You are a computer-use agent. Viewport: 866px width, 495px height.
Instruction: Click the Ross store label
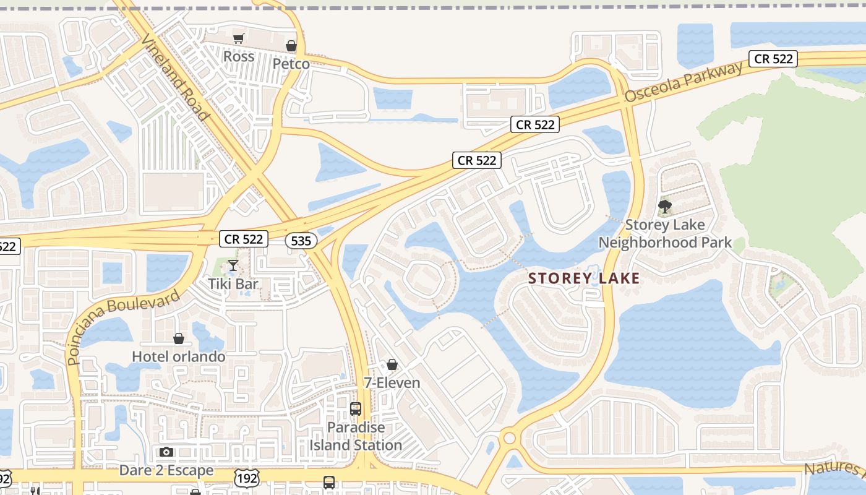pyautogui.click(x=239, y=56)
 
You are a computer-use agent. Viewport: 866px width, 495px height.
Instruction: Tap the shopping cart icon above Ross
pyautogui.click(x=238, y=38)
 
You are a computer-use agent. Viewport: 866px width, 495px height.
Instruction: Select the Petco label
pyautogui.click(x=291, y=64)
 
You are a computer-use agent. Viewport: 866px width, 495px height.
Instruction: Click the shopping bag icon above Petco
pyautogui.click(x=291, y=46)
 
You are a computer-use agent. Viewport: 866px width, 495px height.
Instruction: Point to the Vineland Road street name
pyautogui.click(x=175, y=76)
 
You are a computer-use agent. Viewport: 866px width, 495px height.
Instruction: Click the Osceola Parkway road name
pyautogui.click(x=683, y=82)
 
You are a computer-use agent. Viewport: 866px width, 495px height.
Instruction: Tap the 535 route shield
pyautogui.click(x=301, y=240)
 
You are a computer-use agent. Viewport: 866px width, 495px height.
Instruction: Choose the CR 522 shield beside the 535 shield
pyautogui.click(x=244, y=239)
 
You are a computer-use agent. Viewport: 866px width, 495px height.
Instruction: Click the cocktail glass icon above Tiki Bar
pyautogui.click(x=233, y=265)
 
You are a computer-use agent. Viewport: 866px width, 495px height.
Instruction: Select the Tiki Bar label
pyautogui.click(x=233, y=284)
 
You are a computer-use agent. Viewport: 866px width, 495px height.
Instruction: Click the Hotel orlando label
pyautogui.click(x=178, y=357)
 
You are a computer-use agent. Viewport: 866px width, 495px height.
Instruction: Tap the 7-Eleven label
pyautogui.click(x=392, y=383)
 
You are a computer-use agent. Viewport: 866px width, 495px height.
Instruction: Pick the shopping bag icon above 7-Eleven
pyautogui.click(x=392, y=364)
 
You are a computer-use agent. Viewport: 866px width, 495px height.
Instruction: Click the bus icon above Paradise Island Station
pyautogui.click(x=355, y=408)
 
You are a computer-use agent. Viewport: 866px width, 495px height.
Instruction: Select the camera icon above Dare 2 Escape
pyautogui.click(x=166, y=452)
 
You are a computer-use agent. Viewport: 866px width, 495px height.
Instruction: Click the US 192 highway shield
pyautogui.click(x=246, y=477)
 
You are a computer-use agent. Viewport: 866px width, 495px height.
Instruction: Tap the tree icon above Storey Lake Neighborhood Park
pyautogui.click(x=665, y=207)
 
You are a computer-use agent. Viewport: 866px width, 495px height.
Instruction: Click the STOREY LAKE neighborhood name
pyautogui.click(x=584, y=279)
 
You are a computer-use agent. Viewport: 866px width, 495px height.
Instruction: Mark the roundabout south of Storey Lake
pyautogui.click(x=509, y=438)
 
